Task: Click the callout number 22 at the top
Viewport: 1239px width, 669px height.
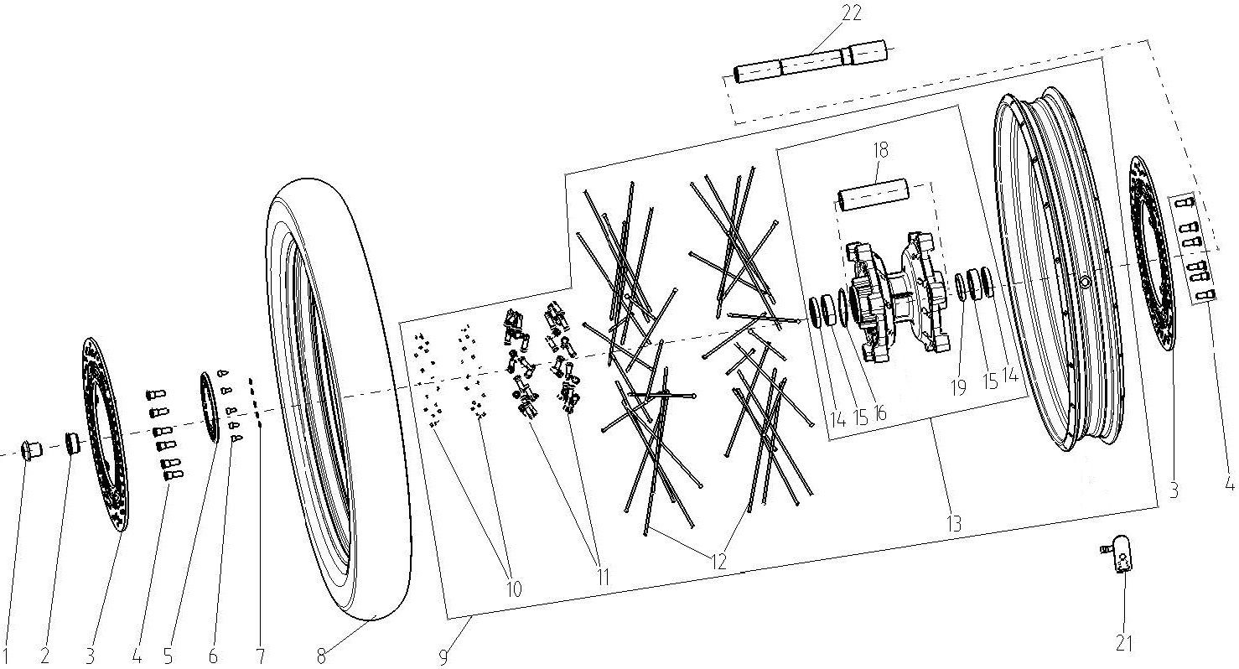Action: tap(851, 13)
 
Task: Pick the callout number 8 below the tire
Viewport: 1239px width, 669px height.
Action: tap(321, 656)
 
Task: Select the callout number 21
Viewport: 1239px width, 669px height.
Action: tap(1123, 644)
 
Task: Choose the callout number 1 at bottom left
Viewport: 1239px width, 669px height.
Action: tap(6, 656)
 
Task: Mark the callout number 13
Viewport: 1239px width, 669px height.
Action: tap(954, 523)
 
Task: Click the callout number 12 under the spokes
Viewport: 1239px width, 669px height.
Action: tap(718, 563)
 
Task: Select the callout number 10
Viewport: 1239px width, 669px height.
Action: tap(513, 589)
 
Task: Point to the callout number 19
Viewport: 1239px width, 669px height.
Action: tap(958, 388)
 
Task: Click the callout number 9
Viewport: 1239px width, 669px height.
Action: tap(443, 657)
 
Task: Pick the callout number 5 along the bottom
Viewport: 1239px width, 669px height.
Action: tap(168, 656)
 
